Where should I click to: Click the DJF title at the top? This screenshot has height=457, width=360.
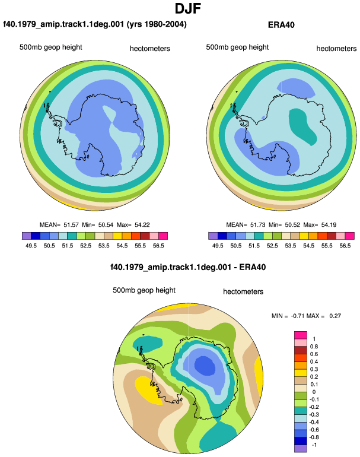coord(188,8)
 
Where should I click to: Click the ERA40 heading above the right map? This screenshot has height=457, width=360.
coord(281,25)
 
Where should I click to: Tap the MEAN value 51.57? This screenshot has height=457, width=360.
coord(71,225)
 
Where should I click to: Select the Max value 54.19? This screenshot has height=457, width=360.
coord(329,225)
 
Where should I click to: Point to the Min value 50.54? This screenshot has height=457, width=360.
coord(106,225)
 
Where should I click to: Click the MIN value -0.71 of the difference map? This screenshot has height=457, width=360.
coord(298,316)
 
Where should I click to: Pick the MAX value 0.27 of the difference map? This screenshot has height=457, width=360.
coord(335,316)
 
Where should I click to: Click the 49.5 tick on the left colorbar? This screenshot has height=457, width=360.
coord(31,246)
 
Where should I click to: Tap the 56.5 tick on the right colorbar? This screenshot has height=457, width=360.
coord(345,246)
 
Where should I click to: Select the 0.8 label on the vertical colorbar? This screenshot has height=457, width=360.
coord(314,346)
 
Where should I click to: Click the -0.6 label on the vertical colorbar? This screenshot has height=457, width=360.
coord(314,430)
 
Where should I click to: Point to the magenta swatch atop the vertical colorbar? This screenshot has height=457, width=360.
coord(301,335)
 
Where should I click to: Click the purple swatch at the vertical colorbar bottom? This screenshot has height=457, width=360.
coord(301,449)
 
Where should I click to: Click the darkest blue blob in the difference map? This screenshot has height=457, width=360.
coord(205,366)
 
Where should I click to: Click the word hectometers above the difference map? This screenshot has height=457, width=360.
coord(243,292)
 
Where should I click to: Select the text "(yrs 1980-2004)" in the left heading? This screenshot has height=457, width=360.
coord(157,24)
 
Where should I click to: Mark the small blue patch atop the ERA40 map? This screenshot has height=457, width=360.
coord(295,87)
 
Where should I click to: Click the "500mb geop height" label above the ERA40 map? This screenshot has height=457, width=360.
coord(237,47)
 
